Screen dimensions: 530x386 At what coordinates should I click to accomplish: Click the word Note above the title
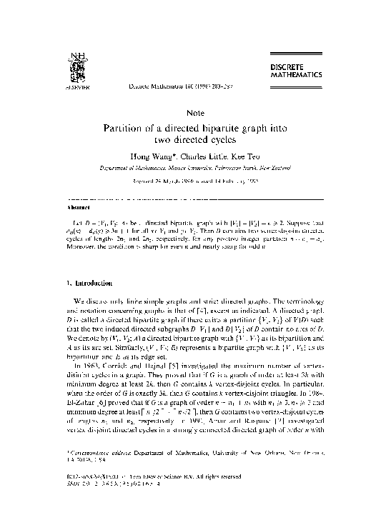tap(194, 112)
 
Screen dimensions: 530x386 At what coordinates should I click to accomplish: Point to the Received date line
tap(194, 181)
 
